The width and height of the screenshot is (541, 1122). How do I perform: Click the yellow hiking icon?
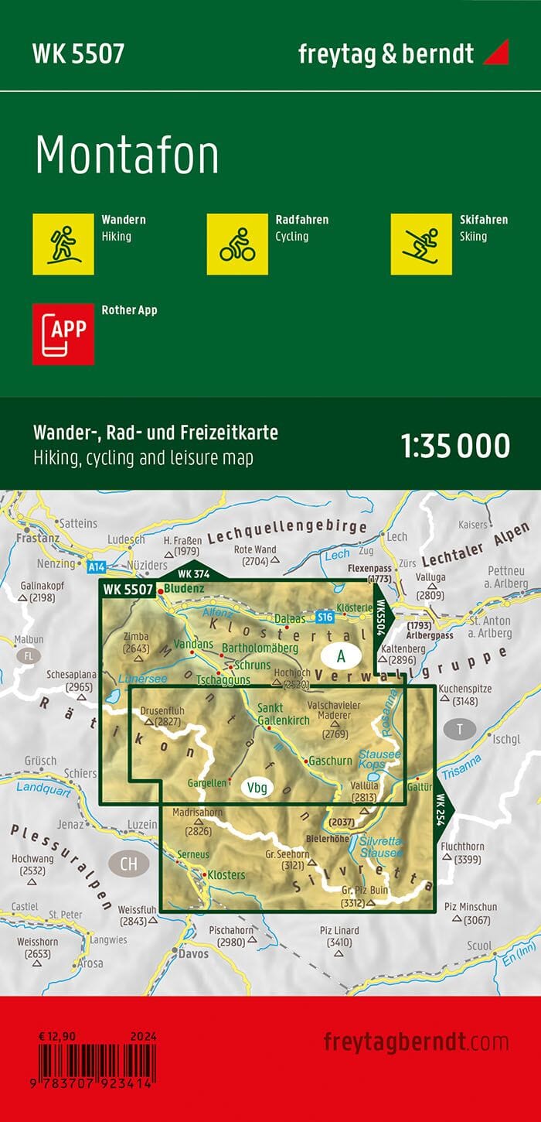[x=63, y=243]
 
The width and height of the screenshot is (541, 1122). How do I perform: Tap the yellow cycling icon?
[x=237, y=243]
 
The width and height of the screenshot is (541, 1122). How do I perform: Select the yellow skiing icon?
[x=421, y=243]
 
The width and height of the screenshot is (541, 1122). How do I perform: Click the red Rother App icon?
[x=63, y=334]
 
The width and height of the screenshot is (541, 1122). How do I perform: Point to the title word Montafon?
[x=127, y=156]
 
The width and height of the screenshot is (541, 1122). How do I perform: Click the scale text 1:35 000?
[x=455, y=446]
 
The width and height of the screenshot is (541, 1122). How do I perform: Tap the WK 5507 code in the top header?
[x=78, y=53]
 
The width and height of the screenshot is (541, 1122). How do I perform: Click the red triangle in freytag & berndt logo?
[x=495, y=53]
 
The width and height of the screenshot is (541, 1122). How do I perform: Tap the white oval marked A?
[x=340, y=656]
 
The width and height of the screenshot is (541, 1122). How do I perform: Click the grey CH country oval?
[x=128, y=842]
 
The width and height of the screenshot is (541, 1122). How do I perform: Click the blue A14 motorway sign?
[x=96, y=567]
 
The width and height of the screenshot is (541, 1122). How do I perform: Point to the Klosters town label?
[x=225, y=875]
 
